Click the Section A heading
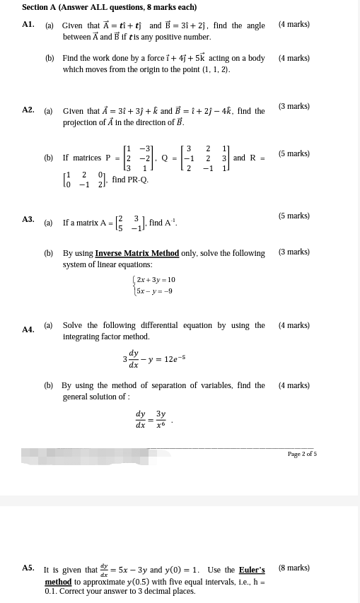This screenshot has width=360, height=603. (109, 7)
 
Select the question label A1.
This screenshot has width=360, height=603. (28, 24)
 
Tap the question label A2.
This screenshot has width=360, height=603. (28, 110)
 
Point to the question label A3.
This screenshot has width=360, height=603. (28, 220)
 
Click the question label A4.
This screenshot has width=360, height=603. (28, 329)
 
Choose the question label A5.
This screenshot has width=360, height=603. (28, 568)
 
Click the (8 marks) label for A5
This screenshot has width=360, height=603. (294, 568)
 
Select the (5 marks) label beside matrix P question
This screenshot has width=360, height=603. (294, 153)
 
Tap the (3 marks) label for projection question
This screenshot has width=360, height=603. (294, 106)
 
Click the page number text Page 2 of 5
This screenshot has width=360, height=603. (302, 454)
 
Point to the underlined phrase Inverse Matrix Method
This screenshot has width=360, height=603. (137, 253)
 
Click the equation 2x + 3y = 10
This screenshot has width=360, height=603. (156, 280)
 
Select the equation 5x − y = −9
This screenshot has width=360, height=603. (154, 291)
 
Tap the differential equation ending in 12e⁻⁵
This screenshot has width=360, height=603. (153, 360)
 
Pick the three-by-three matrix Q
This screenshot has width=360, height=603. (207, 158)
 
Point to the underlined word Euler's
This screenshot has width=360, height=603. (252, 570)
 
